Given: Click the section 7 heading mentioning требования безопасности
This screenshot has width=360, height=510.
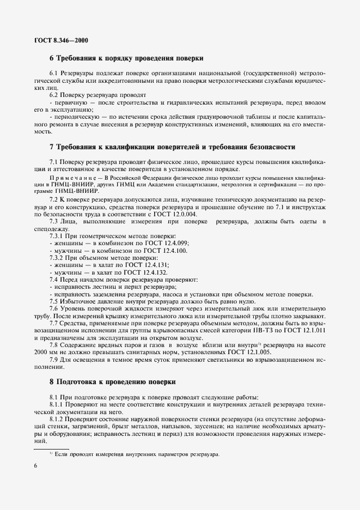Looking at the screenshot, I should click(x=173, y=147).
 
